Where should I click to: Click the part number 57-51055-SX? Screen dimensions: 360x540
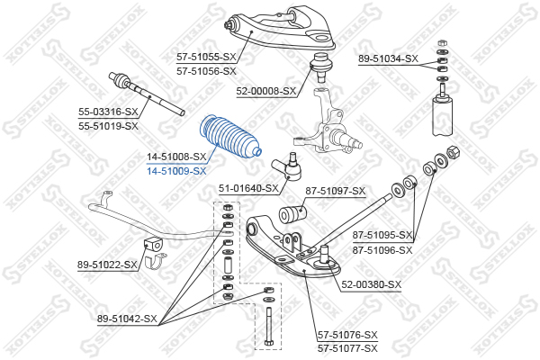click(x=205, y=57)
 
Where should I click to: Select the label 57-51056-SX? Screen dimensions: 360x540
click(x=205, y=70)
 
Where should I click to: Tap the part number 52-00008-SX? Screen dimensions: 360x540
click(x=266, y=91)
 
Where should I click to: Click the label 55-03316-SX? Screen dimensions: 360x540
click(x=108, y=112)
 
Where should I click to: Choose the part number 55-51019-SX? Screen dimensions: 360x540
click(x=108, y=126)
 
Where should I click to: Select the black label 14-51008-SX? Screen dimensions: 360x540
click(x=176, y=157)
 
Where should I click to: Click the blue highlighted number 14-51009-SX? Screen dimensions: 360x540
click(x=176, y=170)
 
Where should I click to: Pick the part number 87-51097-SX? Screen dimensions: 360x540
click(x=335, y=191)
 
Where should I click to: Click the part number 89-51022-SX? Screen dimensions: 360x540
click(x=107, y=265)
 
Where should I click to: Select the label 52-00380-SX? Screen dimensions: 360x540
click(x=371, y=284)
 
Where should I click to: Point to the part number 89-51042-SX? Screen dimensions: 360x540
click(x=127, y=319)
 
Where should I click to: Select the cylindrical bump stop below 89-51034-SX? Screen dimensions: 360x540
click(x=443, y=117)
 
